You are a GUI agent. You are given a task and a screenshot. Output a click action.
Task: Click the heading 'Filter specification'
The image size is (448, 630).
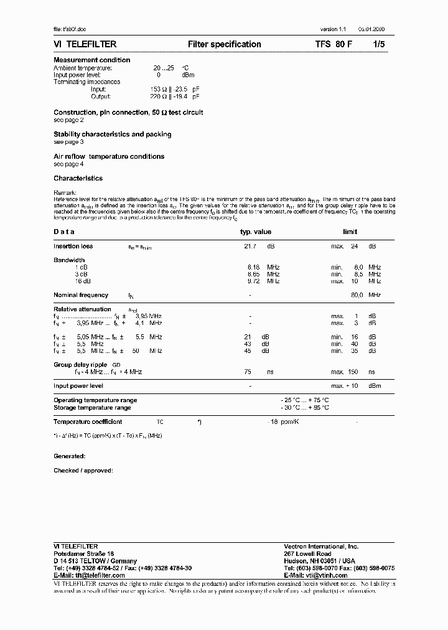click(x=224, y=44)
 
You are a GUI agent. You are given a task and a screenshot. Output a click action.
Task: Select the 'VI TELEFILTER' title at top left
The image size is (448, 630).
click(x=85, y=44)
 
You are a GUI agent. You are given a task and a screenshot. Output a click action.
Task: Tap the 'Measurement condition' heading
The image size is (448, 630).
click(x=92, y=60)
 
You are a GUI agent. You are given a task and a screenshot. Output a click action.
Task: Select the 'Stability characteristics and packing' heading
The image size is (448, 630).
click(x=113, y=134)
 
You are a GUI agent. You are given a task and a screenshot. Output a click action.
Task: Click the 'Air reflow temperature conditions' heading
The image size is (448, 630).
click(x=109, y=156)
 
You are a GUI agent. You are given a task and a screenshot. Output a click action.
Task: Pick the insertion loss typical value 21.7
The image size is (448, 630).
click(x=250, y=247)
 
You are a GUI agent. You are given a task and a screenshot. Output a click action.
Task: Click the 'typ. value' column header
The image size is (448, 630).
click(x=256, y=232)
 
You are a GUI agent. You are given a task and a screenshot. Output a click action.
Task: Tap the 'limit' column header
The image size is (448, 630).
click(x=350, y=232)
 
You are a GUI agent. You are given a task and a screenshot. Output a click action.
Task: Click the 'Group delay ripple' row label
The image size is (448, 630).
click(x=80, y=364)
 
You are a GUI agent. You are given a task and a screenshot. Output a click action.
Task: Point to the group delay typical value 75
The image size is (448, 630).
click(x=248, y=372)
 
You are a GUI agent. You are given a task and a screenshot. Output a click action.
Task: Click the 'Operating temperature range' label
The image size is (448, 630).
click(x=95, y=400)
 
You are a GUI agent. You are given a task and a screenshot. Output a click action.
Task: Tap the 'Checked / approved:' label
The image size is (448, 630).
click(x=83, y=471)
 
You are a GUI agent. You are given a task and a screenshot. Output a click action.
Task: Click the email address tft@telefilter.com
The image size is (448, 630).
click(x=90, y=576)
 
